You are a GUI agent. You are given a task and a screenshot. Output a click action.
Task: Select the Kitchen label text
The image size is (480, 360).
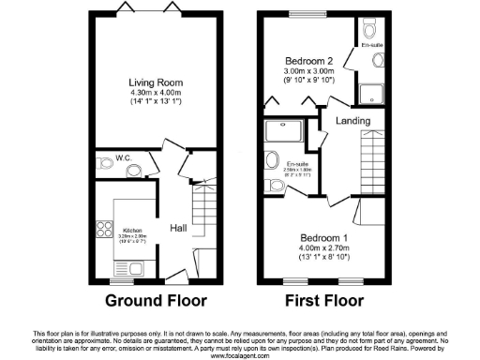132,229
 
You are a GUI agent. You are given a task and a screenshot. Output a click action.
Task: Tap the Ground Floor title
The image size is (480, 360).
156,301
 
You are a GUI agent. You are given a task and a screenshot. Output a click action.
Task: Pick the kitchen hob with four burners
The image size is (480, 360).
103,229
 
